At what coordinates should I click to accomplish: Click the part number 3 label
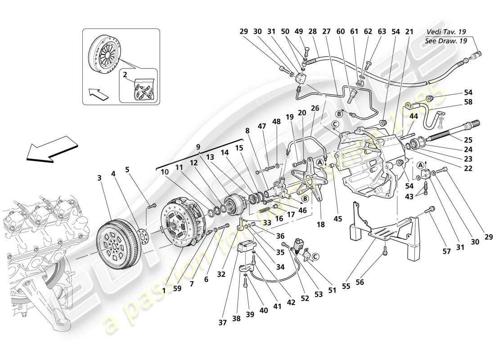pos(99,178)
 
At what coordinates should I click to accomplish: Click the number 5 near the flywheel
pos(127,170)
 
